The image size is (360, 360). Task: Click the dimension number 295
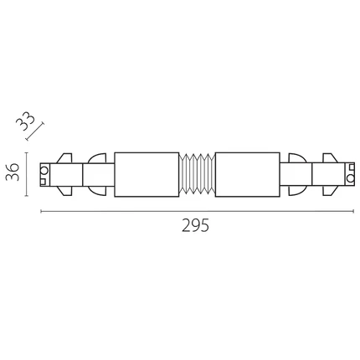click(195, 225)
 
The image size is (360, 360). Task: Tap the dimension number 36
click(13, 172)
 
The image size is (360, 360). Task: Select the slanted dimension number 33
click(26, 121)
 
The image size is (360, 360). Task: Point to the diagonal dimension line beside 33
click(35, 131)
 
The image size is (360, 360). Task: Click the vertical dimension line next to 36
click(27, 174)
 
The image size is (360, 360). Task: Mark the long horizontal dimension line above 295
click(198, 211)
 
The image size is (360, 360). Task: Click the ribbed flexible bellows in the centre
click(197, 175)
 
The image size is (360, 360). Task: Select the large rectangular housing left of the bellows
click(147, 175)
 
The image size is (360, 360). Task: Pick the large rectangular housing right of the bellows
click(248, 175)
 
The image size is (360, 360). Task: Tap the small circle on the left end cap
click(44, 170)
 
